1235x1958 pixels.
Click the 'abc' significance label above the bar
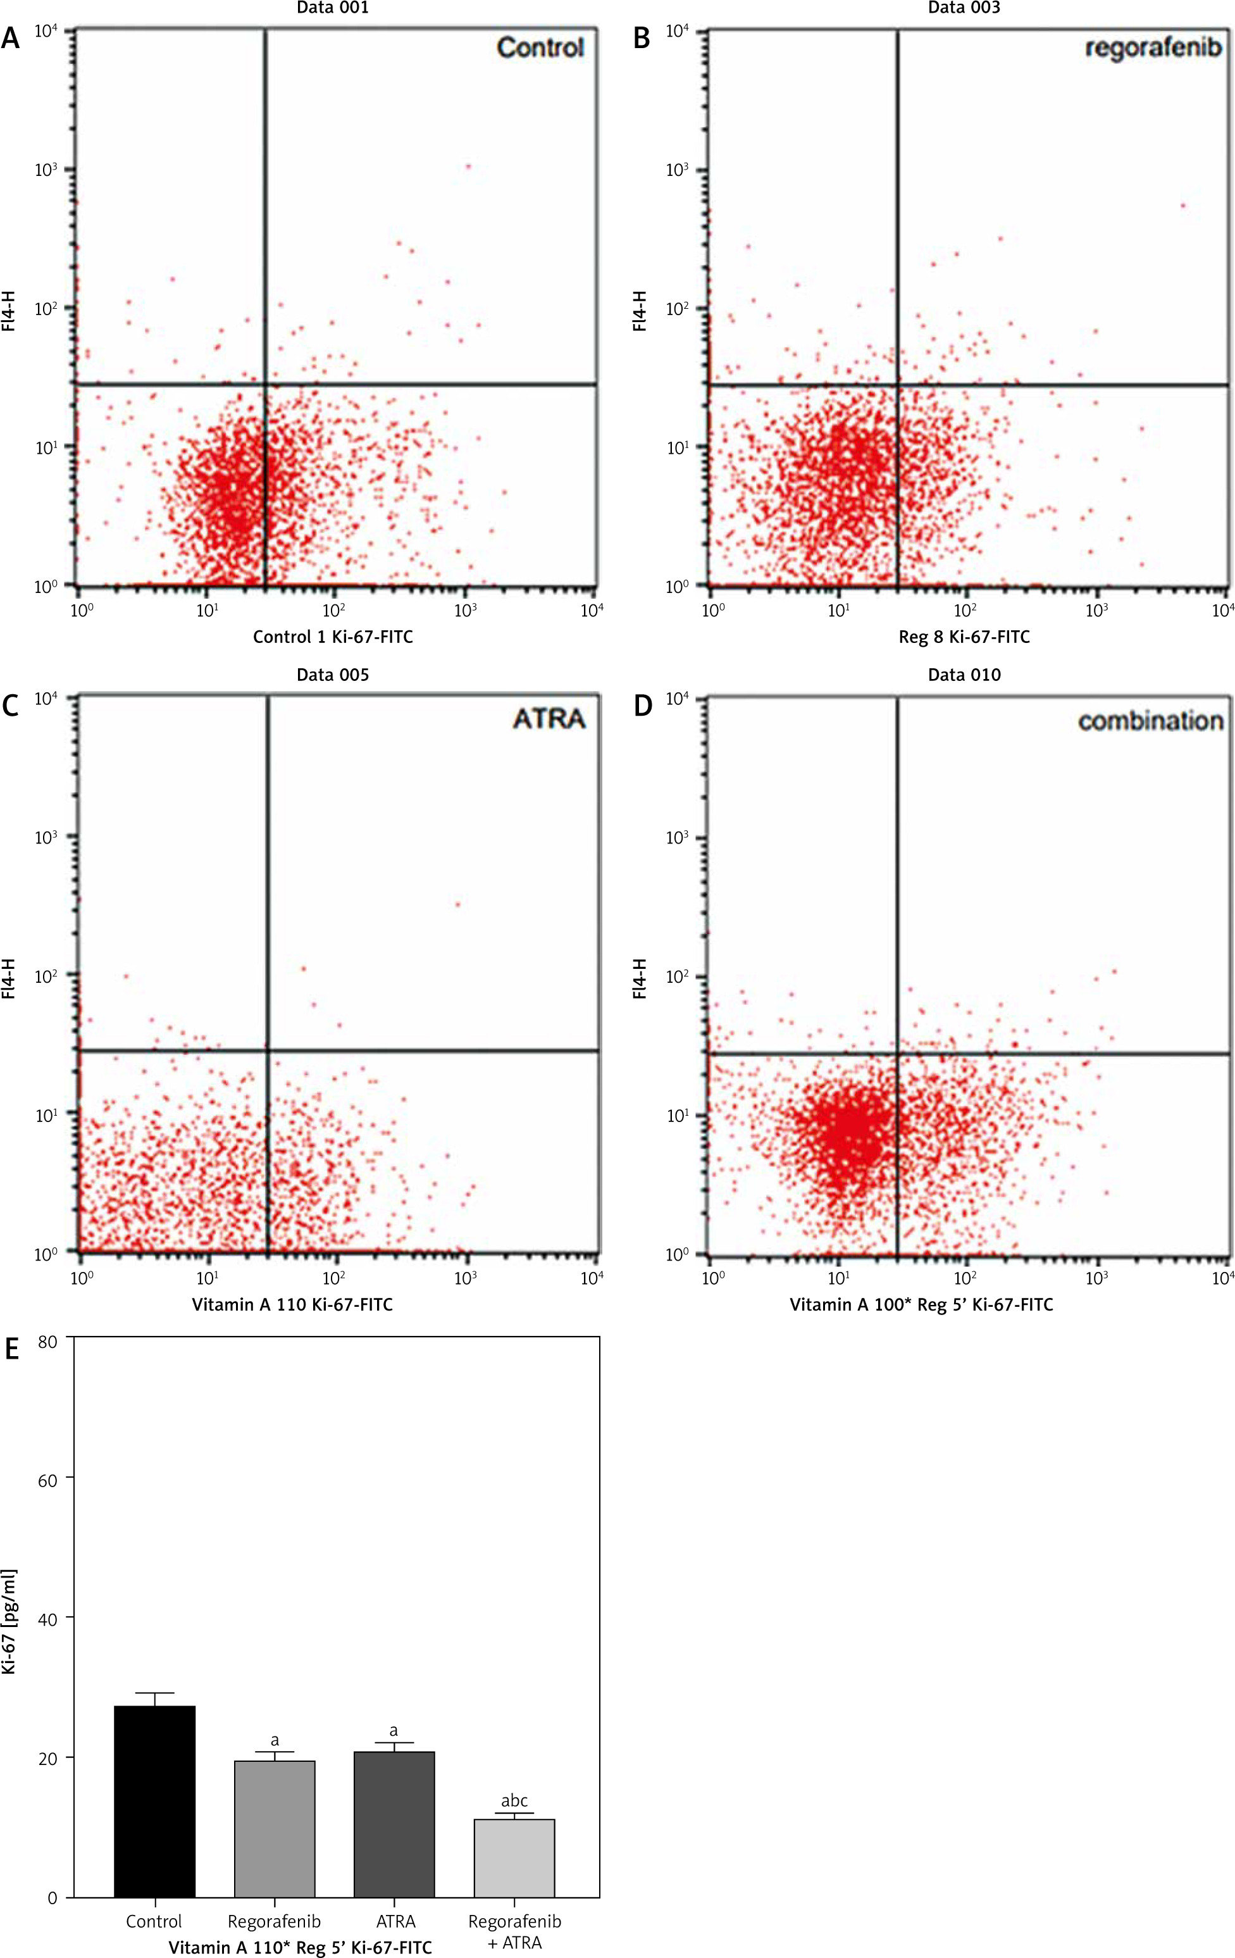pyautogui.click(x=514, y=1800)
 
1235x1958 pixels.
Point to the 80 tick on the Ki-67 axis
pyautogui.click(x=48, y=1341)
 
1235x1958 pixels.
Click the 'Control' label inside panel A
pyautogui.click(x=541, y=48)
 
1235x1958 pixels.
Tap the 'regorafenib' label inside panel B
pyautogui.click(x=1153, y=48)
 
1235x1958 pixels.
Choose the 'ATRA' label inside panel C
pyautogui.click(x=550, y=719)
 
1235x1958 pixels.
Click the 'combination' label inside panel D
pyautogui.click(x=1150, y=720)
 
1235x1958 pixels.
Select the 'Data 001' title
pyautogui.click(x=333, y=8)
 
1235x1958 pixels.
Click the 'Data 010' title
pyautogui.click(x=964, y=675)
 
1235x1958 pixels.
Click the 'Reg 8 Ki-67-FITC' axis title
pyautogui.click(x=964, y=637)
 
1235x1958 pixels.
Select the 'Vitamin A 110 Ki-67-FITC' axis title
pyautogui.click(x=292, y=1305)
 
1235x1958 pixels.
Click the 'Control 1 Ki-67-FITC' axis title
pyautogui.click(x=333, y=637)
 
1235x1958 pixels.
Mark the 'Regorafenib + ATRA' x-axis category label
pyautogui.click(x=514, y=1930)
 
